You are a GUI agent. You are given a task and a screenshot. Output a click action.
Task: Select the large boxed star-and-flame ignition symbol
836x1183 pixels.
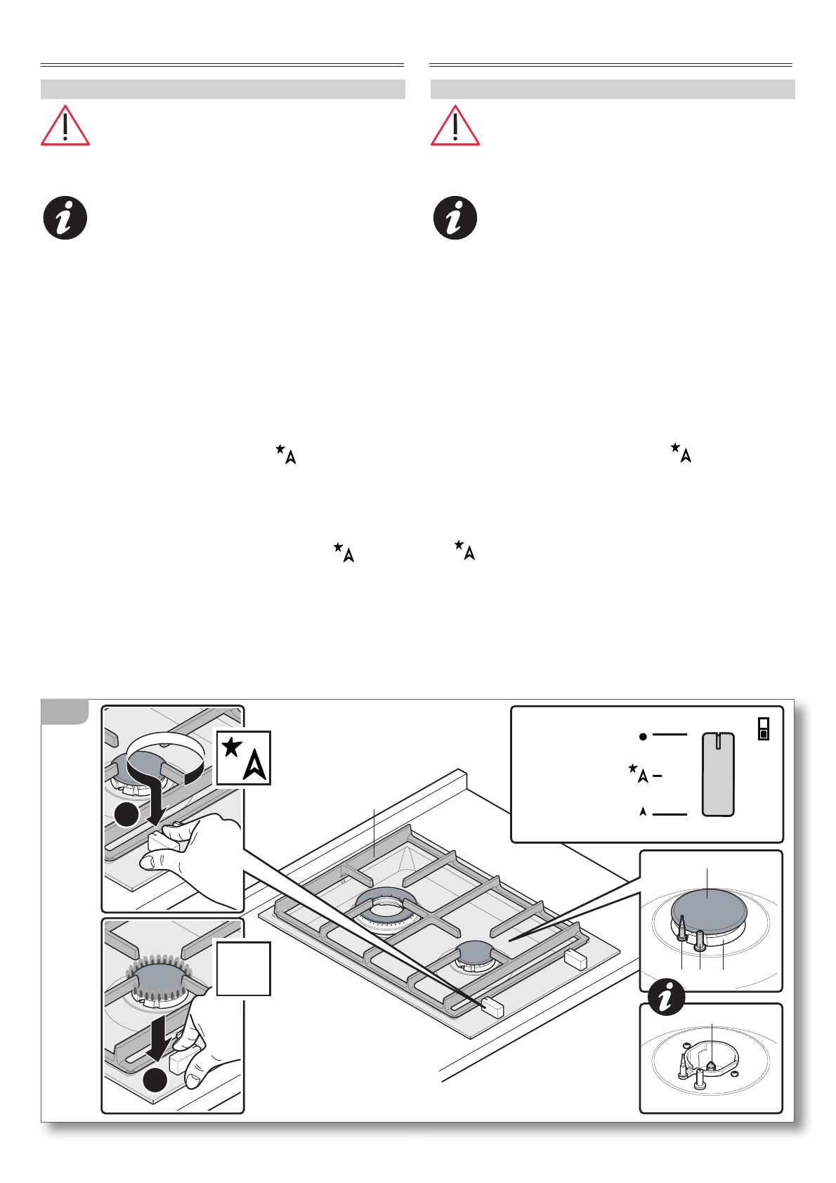tap(243, 757)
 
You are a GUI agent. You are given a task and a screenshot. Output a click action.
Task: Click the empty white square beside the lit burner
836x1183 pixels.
tap(243, 969)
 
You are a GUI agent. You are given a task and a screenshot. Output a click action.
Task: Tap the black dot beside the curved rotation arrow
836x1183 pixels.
tap(126, 815)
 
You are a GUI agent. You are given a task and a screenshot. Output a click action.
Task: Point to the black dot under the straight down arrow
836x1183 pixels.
tap(155, 1080)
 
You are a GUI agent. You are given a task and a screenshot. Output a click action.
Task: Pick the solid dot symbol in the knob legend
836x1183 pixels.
tap(642, 736)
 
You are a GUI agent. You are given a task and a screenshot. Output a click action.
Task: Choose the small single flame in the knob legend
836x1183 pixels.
tap(643, 811)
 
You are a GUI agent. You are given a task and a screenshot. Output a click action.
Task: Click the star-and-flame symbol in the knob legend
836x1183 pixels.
tap(639, 773)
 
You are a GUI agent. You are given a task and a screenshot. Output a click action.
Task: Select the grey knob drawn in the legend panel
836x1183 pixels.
tap(718, 774)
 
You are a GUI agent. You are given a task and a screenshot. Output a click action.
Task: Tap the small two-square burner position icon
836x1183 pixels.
tap(764, 728)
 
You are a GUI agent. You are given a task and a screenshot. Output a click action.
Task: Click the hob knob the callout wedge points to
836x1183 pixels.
tap(492, 1008)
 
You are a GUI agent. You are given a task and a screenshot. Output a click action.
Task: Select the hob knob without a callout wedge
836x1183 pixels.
tap(575, 959)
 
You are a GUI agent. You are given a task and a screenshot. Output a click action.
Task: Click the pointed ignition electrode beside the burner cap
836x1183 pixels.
tap(681, 927)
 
